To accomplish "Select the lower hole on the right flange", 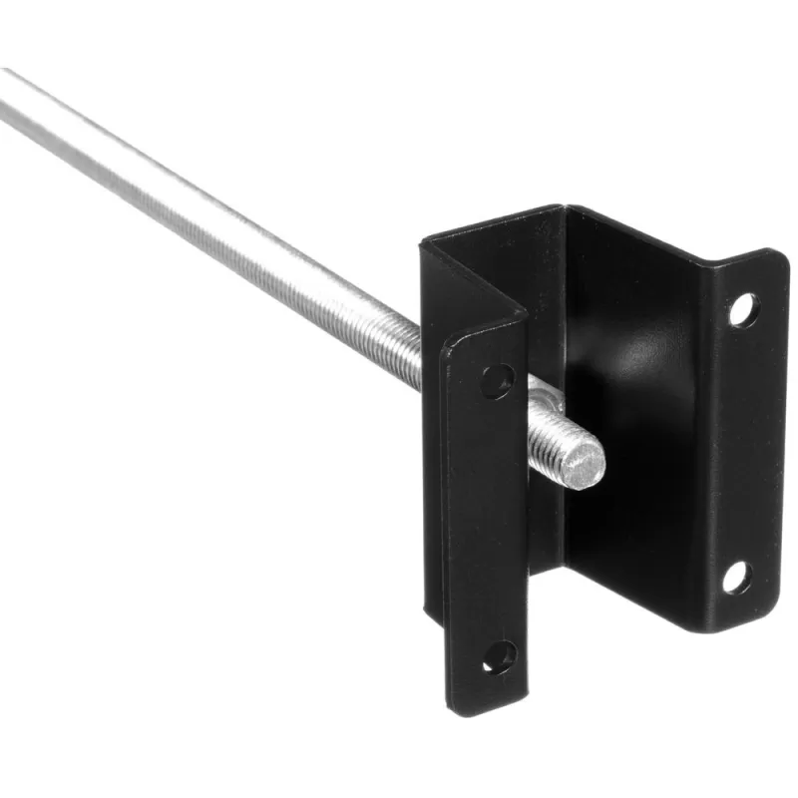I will click(736, 577).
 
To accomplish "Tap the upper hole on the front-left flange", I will click(497, 380).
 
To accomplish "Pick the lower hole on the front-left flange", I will click(499, 655).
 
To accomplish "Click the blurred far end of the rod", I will click(15, 95).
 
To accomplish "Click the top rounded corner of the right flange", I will click(768, 257).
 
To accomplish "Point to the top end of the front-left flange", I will click(479, 329).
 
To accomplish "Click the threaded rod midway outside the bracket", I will click(229, 229).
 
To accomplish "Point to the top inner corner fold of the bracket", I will click(565, 211).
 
